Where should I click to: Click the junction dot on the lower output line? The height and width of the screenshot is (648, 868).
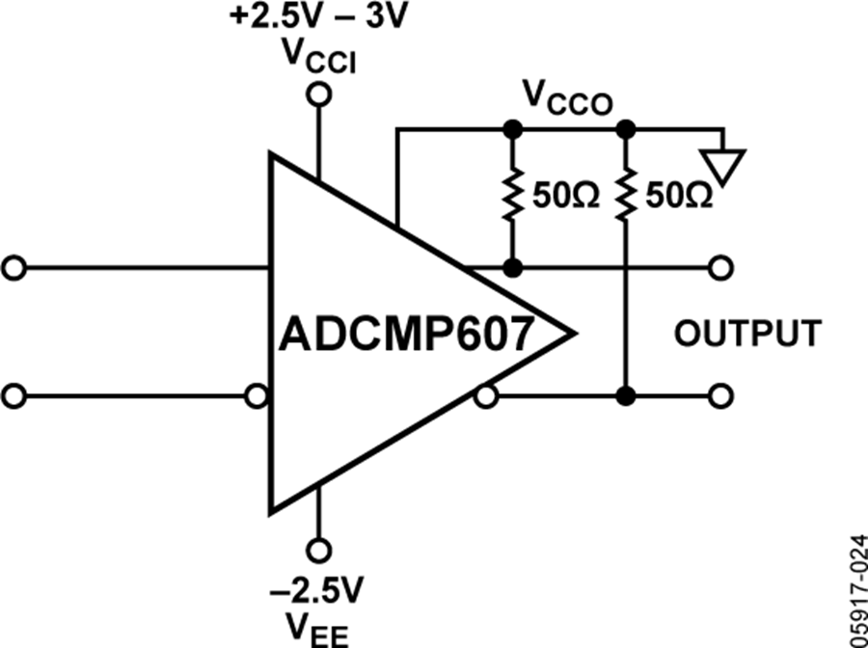point(626,395)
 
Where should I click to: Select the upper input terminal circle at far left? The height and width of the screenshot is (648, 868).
point(14,267)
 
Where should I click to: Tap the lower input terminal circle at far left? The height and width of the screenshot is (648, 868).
point(14,395)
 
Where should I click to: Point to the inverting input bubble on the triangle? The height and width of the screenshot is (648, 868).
point(258,395)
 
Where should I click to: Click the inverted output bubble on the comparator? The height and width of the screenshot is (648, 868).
point(488,395)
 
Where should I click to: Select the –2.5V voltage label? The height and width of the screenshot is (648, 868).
point(317,588)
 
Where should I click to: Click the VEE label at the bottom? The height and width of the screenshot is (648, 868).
point(317,629)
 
